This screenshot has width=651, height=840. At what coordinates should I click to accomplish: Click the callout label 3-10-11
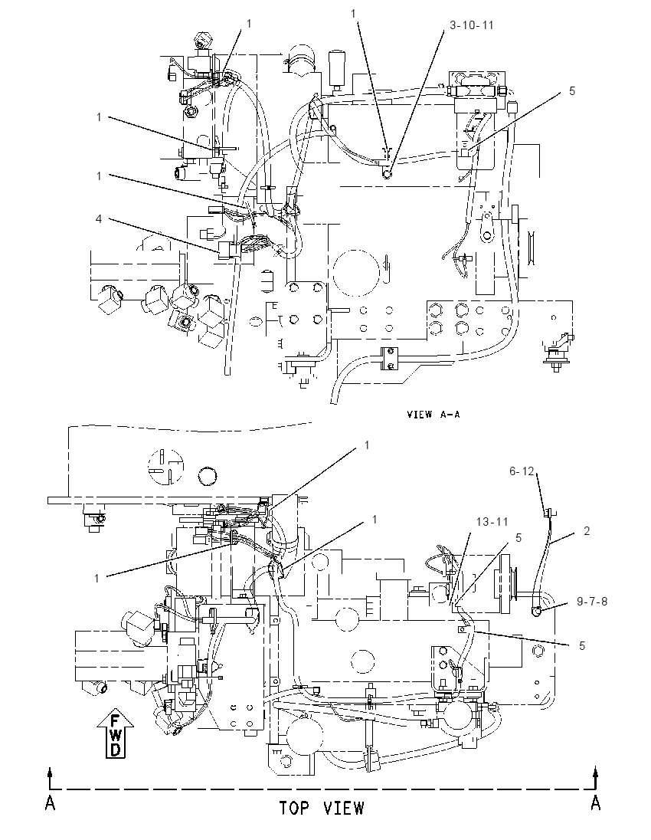point(471,25)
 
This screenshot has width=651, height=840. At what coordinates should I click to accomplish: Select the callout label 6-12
point(522,471)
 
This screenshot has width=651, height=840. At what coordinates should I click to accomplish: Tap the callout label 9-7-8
point(592,601)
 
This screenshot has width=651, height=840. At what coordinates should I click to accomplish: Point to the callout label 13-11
point(492,521)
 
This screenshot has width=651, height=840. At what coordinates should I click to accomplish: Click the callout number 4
point(99,219)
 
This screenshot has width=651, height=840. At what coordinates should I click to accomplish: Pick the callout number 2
point(587,531)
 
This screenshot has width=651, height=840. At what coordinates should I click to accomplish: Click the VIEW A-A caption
point(433,414)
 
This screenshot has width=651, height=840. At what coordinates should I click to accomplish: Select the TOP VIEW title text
point(321,808)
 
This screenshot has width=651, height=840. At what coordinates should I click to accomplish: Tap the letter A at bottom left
point(50,802)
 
